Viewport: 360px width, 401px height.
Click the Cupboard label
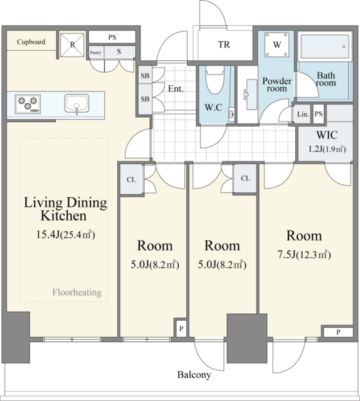click(x=31, y=42)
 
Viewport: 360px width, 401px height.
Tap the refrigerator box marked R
click(x=72, y=44)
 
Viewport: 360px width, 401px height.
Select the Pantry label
click(x=95, y=53)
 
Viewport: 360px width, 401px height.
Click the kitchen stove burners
click(x=28, y=104)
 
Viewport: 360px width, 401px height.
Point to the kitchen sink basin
click(x=77, y=103)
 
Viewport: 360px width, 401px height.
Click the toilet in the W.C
click(x=215, y=80)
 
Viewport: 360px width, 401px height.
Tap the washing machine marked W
click(x=277, y=44)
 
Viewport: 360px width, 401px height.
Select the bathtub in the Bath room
click(x=325, y=47)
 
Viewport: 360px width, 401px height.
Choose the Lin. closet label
click(x=303, y=114)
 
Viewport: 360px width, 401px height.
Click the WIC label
click(x=327, y=135)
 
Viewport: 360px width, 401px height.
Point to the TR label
click(x=224, y=44)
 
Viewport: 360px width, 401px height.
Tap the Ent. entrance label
click(x=176, y=89)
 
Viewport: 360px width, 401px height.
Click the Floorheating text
click(x=77, y=292)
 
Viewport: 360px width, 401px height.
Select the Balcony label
click(x=194, y=375)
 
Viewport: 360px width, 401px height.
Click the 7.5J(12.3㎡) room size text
click(x=304, y=255)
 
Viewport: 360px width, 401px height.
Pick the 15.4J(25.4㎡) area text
click(x=66, y=234)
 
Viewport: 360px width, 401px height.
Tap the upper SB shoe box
click(x=145, y=75)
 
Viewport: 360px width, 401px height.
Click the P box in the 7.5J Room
click(x=338, y=332)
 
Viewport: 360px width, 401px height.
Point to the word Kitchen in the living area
click(x=64, y=216)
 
